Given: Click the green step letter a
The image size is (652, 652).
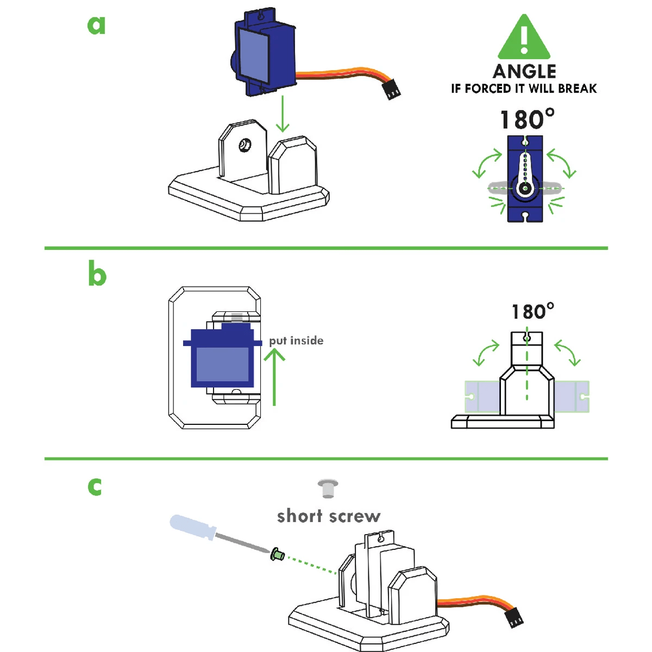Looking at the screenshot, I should (96, 25).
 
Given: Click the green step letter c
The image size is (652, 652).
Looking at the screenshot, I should (95, 486).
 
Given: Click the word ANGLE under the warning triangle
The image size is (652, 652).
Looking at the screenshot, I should (524, 72).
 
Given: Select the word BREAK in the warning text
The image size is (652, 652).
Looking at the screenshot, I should (577, 89).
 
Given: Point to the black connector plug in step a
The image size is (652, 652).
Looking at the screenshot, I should (391, 89).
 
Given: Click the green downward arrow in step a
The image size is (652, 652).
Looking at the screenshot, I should (282, 115).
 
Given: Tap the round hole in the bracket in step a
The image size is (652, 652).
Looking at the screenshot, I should (245, 145).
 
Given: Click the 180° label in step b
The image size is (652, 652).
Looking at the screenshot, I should (532, 311).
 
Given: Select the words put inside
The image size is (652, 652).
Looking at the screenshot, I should (296, 341).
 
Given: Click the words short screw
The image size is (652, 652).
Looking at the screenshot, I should (328, 516).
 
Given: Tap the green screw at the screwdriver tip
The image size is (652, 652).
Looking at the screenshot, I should (278, 555).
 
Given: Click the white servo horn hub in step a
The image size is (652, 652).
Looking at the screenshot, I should (525, 188).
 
